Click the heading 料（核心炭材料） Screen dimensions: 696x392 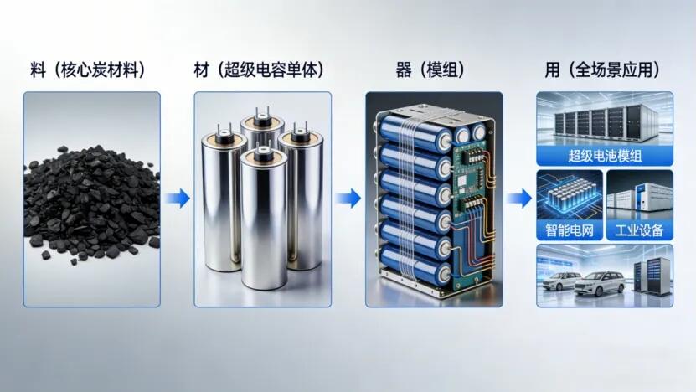[x=88, y=70]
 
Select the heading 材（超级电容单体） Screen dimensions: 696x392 [x=260, y=70]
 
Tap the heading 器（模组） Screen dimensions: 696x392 [x=430, y=70]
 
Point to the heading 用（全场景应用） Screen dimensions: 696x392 [x=602, y=70]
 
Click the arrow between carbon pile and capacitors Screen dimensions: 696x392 [x=178, y=198]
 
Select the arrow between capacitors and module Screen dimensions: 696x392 [x=348, y=198]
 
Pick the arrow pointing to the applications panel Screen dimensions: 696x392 [x=519, y=198]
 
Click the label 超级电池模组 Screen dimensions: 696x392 [x=605, y=157]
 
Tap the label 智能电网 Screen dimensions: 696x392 [x=570, y=230]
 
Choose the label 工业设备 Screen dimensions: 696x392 [x=639, y=230]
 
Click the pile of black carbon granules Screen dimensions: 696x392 [x=92, y=202]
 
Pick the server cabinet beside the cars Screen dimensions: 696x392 [x=652, y=277]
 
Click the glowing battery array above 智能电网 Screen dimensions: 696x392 [x=570, y=198]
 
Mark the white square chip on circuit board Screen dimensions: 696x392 [x=463, y=181]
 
